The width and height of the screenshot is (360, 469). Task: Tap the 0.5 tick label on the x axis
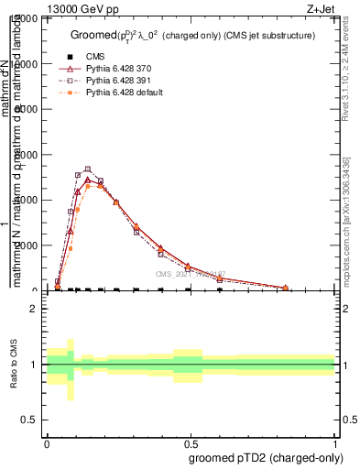coord(191,442)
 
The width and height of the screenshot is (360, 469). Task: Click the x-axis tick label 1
coord(334,442)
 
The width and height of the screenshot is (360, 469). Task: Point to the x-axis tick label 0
coord(47,442)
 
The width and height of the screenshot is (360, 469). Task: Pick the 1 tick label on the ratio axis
coord(34,365)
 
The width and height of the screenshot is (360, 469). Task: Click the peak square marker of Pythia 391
coord(88,169)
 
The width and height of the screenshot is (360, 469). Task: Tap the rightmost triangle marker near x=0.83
coord(286,288)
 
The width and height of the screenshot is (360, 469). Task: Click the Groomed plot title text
coord(192,35)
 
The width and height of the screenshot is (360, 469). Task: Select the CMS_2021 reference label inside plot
coord(189,274)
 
